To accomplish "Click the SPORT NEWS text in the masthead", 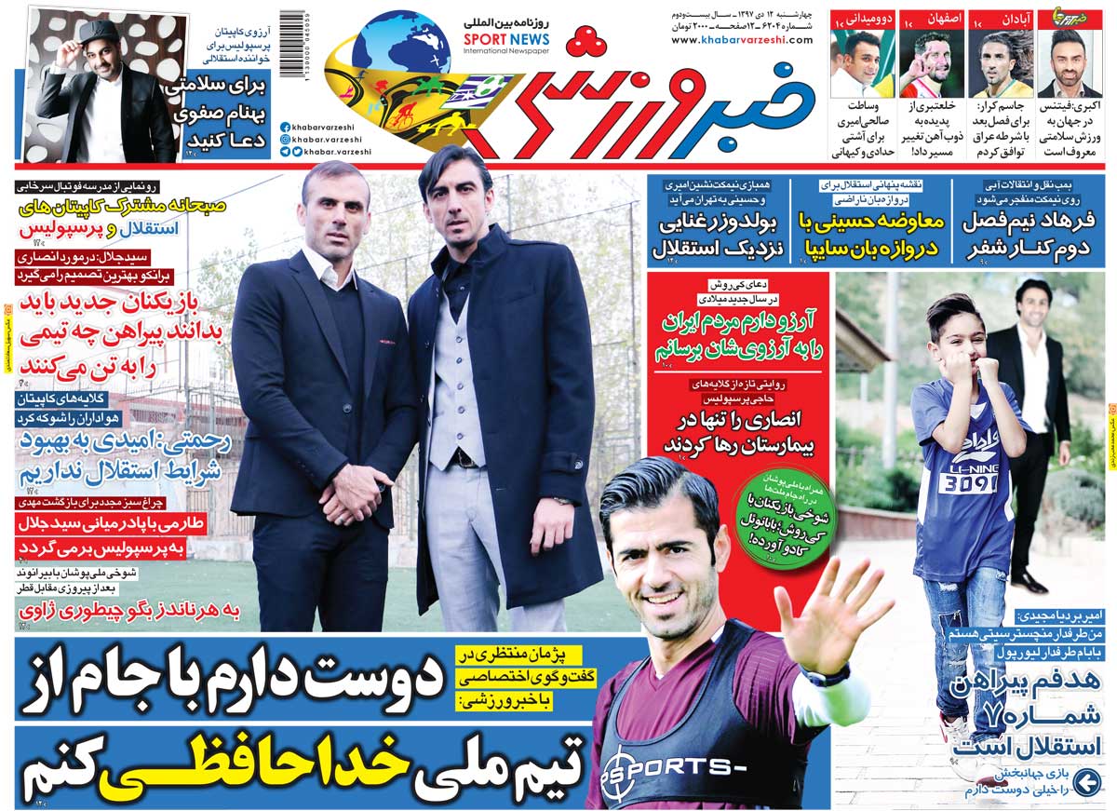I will (x=506, y=40).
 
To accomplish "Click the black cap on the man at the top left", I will (x=97, y=31).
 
